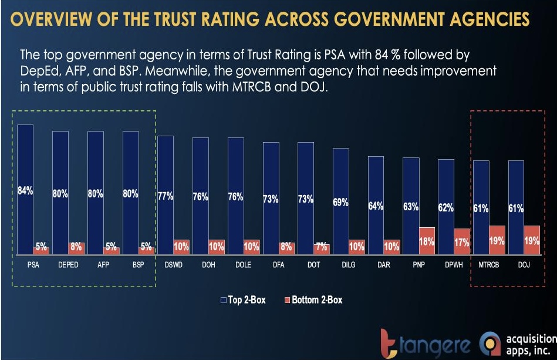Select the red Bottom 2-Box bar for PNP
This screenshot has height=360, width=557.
[x=427, y=241]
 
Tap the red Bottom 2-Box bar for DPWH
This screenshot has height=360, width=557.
[x=462, y=241]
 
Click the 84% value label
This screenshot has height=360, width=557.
[x=25, y=191]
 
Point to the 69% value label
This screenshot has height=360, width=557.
[x=341, y=203]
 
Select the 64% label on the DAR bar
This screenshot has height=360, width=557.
[x=376, y=206]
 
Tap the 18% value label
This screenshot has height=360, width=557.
[x=427, y=241]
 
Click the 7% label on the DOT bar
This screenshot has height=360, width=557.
[x=321, y=248]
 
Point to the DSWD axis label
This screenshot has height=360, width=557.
[x=173, y=265]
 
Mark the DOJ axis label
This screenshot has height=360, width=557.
[x=524, y=265]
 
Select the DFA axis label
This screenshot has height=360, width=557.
[x=279, y=265]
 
